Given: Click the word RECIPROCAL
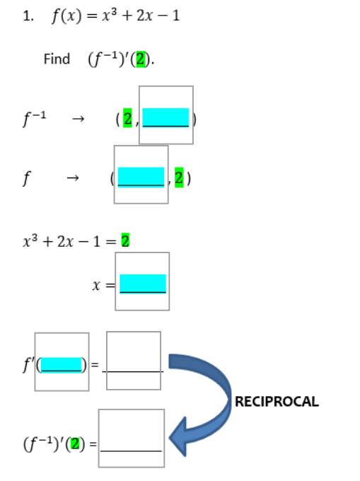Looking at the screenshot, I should pyautogui.click(x=276, y=401).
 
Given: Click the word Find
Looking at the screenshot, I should pyautogui.click(x=57, y=59).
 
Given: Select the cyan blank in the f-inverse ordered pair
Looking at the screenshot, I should pyautogui.click(x=166, y=117).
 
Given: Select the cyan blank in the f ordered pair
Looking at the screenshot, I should pyautogui.click(x=141, y=176).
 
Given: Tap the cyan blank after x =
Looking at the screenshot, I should pyautogui.click(x=143, y=283).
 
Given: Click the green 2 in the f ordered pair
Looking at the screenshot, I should pyautogui.click(x=180, y=178).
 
